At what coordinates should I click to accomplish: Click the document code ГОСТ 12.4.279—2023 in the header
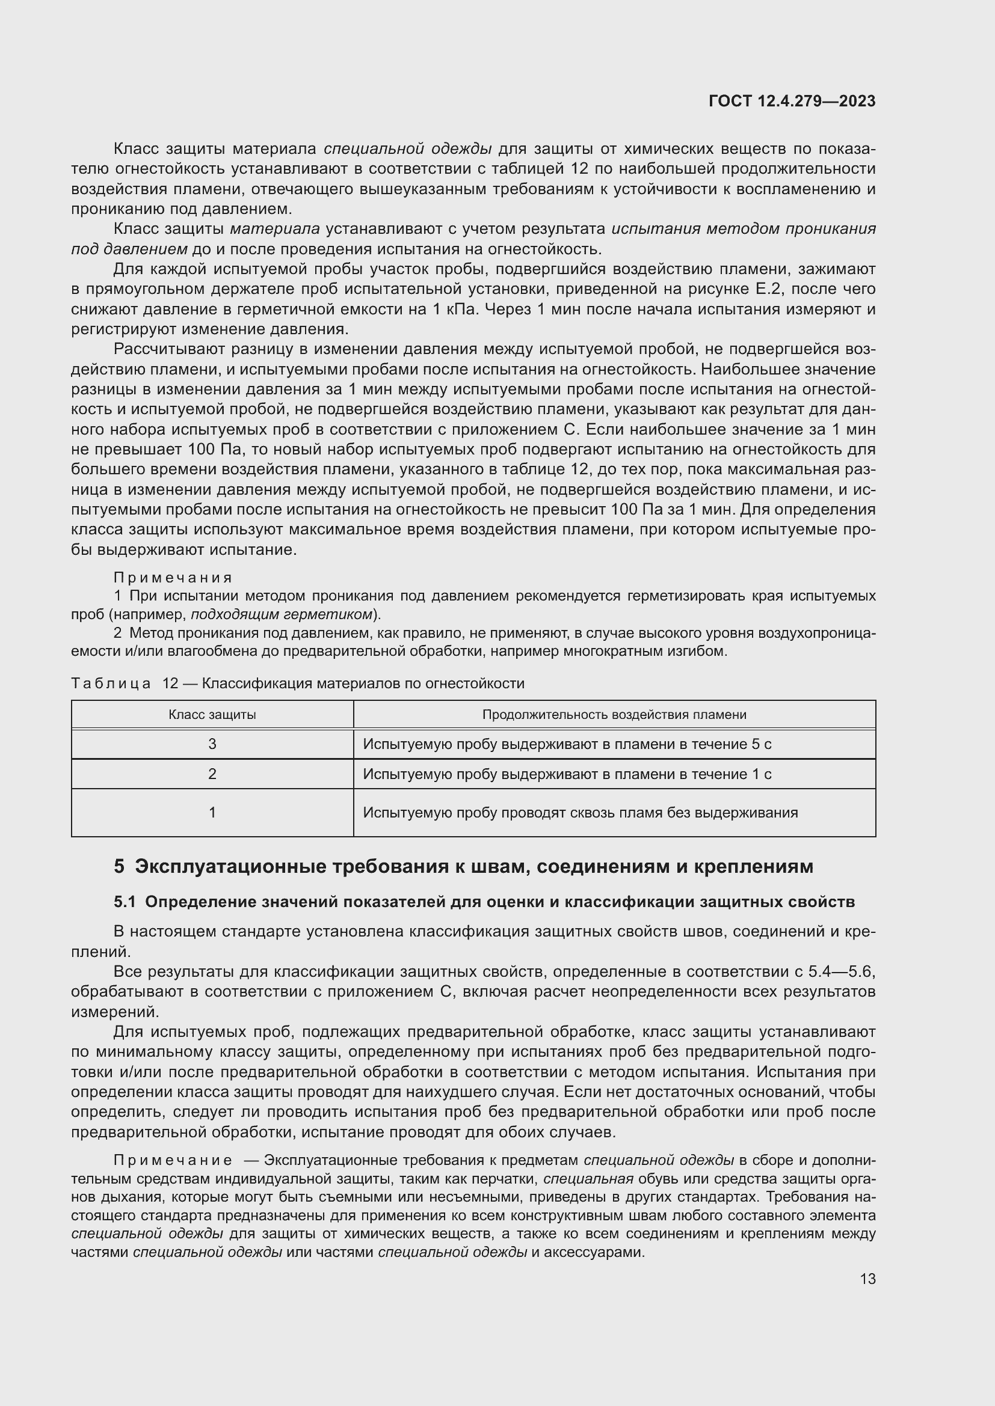[792, 101]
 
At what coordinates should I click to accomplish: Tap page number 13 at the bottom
[867, 1279]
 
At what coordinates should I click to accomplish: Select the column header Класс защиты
[212, 715]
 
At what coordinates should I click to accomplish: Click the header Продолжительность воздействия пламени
[614, 715]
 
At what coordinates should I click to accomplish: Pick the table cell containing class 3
[212, 744]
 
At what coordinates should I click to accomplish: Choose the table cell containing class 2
[212, 774]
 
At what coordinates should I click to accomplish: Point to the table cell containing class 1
[212, 813]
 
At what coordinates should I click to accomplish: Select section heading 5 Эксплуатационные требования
[463, 867]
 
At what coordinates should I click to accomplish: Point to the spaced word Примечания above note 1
[173, 578]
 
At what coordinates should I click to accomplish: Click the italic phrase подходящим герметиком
[282, 614]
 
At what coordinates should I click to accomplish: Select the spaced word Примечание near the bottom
[173, 1160]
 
